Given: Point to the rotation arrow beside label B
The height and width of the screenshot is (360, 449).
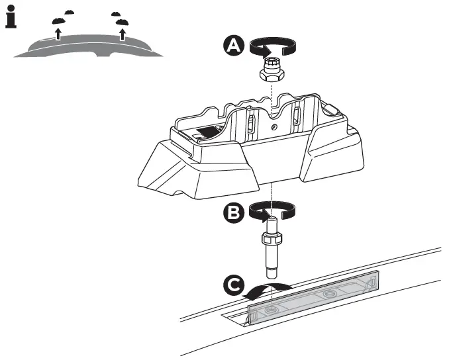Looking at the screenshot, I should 272,212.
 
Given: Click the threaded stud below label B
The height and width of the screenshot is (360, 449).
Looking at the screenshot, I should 272,248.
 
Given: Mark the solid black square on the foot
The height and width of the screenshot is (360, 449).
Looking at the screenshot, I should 211,132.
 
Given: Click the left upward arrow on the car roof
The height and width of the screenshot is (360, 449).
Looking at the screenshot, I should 58,32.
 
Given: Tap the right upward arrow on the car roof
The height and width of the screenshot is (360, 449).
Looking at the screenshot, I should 122,33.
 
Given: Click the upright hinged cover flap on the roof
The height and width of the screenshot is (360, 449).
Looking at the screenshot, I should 311,298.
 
